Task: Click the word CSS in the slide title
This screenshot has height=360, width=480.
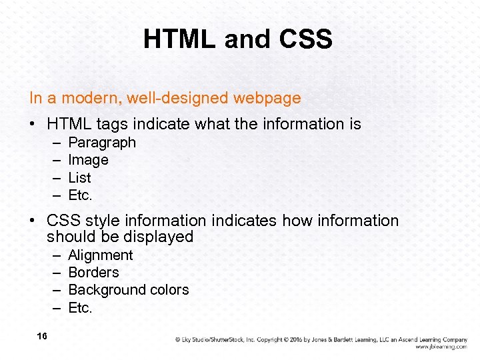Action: click(305, 40)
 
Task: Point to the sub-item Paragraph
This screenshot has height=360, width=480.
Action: click(102, 143)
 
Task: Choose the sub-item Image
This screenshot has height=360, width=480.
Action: click(88, 160)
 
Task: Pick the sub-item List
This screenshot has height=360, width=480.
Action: click(79, 178)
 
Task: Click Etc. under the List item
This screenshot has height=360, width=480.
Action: click(80, 195)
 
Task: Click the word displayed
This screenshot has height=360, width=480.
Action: click(161, 237)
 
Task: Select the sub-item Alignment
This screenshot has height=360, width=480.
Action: click(101, 255)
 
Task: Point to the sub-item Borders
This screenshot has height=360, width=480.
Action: click(93, 273)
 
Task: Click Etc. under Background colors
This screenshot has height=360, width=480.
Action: click(80, 308)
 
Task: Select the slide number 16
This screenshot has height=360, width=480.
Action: click(42, 336)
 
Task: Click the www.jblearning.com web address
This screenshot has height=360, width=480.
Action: click(441, 347)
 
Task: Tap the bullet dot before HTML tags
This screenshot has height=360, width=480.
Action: click(33, 125)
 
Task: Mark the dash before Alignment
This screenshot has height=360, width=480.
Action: click(54, 255)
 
